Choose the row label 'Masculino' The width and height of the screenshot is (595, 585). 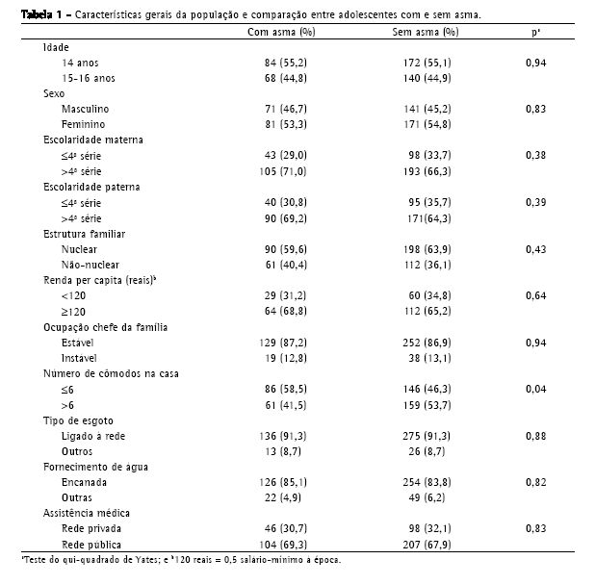click(x=86, y=109)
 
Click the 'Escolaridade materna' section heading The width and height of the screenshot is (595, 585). click(x=92, y=140)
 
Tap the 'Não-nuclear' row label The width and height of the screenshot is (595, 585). click(x=90, y=264)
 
